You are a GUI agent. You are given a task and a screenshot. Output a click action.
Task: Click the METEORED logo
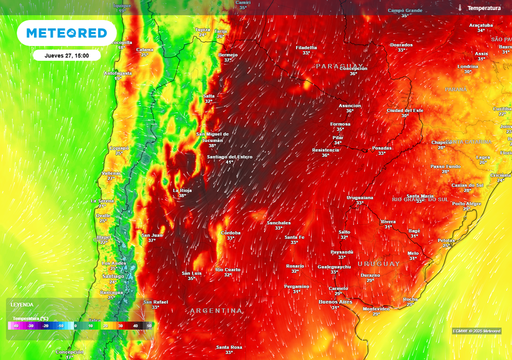[66, 33]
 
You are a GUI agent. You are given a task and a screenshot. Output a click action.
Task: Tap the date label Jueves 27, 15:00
[66, 55]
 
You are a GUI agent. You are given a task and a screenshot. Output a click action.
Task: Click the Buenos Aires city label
[335, 302]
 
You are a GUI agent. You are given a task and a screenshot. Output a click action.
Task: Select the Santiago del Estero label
[229, 157]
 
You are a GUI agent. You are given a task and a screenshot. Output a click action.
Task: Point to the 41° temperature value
[229, 162]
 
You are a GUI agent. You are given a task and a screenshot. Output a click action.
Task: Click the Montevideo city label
[376, 308]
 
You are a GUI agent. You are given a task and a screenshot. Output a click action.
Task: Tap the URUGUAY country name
[378, 263]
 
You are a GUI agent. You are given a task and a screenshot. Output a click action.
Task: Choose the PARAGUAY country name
[339, 66]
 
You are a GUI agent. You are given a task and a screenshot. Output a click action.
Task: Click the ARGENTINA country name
[216, 311]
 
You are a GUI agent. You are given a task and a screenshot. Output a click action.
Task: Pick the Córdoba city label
[231, 233]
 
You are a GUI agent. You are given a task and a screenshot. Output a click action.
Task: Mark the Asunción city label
[349, 105]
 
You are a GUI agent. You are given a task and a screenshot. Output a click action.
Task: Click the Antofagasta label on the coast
[118, 73]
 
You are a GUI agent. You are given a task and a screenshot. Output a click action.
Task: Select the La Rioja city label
[182, 190]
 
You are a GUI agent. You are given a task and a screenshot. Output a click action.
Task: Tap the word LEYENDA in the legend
[22, 304]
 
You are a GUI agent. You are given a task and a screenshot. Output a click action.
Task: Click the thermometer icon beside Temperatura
[459, 8]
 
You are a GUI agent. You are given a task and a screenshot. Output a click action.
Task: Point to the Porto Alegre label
[466, 203]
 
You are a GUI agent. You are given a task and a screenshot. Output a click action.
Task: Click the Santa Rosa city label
[229, 347]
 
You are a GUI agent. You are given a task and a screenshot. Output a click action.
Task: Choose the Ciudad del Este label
[405, 110]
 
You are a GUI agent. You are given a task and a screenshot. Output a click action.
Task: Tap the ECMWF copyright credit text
[476, 331]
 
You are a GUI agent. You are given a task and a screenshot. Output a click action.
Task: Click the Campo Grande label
[405, 10]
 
